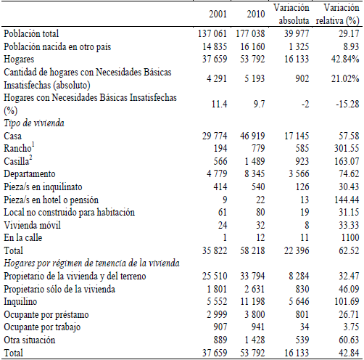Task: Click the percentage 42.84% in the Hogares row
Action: coord(341,57)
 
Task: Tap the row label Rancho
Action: coord(18,148)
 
